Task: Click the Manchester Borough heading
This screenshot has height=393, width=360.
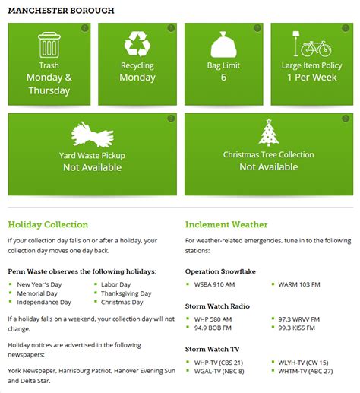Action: [61, 11]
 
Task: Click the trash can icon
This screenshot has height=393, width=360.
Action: [49, 45]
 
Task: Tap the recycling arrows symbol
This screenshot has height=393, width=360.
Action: [137, 45]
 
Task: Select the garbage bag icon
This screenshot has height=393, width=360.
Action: [223, 46]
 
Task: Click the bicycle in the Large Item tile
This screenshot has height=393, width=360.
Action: [316, 48]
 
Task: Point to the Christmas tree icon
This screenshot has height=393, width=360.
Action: [268, 133]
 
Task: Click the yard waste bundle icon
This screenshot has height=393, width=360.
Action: [93, 135]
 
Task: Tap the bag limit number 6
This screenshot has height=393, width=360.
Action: [223, 78]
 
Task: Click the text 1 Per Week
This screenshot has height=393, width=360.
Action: [311, 78]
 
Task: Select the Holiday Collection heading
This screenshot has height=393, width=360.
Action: [48, 224]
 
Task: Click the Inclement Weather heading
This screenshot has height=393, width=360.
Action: [226, 224]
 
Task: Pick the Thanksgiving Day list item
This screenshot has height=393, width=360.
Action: [126, 293]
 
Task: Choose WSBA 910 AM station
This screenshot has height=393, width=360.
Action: [214, 284]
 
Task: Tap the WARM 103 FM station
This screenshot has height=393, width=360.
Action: [298, 284]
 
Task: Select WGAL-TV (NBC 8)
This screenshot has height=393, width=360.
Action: [219, 371]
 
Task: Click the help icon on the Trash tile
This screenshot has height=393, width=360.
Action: [85, 28]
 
